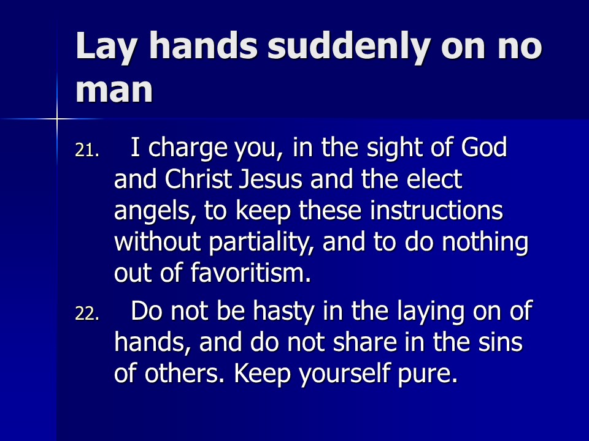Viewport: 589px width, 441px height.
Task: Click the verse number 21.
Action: (x=87, y=151)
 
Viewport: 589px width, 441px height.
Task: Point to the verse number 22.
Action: (x=87, y=314)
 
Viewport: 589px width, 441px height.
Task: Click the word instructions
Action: (x=436, y=210)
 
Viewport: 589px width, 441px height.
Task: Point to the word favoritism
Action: (x=251, y=272)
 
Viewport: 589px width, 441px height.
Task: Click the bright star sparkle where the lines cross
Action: (x=57, y=119)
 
